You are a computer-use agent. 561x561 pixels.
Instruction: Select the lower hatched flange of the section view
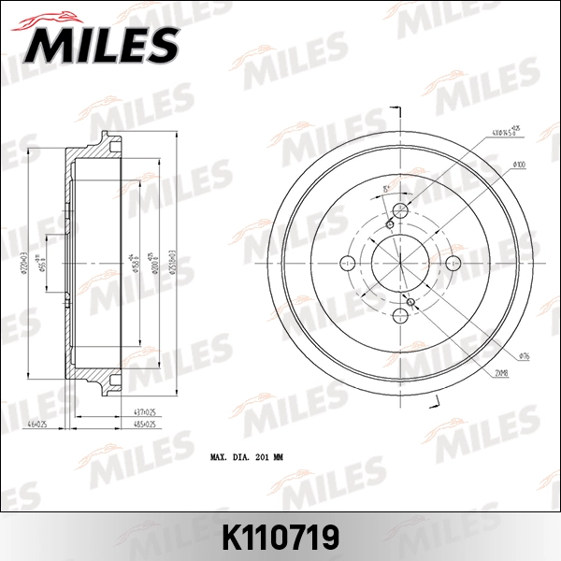pyautogui.click(x=93, y=374)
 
